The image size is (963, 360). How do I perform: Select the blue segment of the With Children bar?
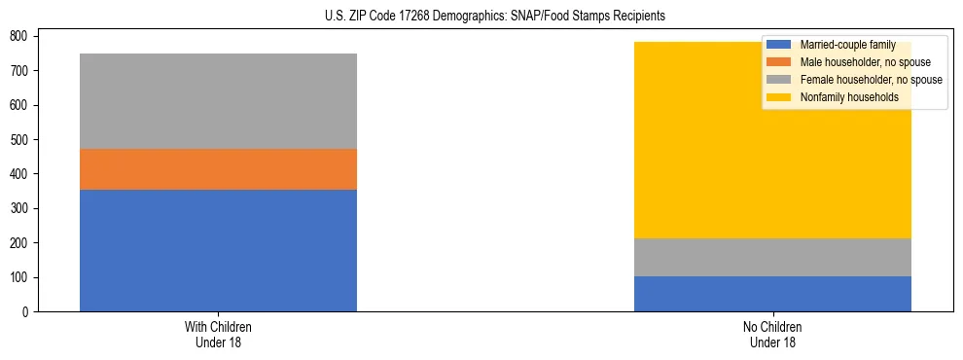click(218, 250)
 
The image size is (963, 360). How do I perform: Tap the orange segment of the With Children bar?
click(218, 169)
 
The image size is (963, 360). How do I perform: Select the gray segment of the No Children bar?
click(772, 257)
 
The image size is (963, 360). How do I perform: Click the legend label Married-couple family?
click(847, 46)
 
